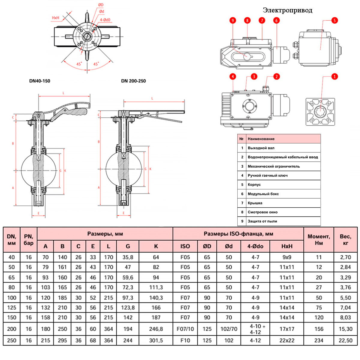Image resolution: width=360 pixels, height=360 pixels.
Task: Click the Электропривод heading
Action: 287,10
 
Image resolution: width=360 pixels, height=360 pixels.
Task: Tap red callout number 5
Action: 334,20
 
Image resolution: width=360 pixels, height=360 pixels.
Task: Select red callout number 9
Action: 233,20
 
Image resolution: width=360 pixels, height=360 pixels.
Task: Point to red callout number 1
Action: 334,76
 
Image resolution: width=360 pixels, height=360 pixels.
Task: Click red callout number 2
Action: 276,76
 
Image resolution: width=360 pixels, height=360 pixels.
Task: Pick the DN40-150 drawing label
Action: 40,81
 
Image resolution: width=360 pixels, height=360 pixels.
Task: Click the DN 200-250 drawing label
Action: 133,81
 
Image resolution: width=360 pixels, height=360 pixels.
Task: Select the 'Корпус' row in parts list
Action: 254,184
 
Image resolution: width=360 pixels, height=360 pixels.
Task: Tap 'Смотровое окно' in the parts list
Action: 262,212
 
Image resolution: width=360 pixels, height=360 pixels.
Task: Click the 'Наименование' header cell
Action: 261,139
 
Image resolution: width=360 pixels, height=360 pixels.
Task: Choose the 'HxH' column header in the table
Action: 287,246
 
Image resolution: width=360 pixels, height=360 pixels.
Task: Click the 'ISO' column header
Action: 185,246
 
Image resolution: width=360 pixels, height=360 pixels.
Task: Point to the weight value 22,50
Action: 345,340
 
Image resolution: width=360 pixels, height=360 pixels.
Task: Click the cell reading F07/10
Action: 185,329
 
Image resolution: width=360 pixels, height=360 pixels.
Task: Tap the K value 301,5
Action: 156,340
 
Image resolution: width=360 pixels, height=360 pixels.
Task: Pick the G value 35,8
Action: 128,257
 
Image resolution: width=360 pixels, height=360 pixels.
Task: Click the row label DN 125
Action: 11,307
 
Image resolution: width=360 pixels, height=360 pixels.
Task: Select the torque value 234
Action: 319,340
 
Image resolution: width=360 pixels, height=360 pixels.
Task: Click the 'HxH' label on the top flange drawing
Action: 56,18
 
